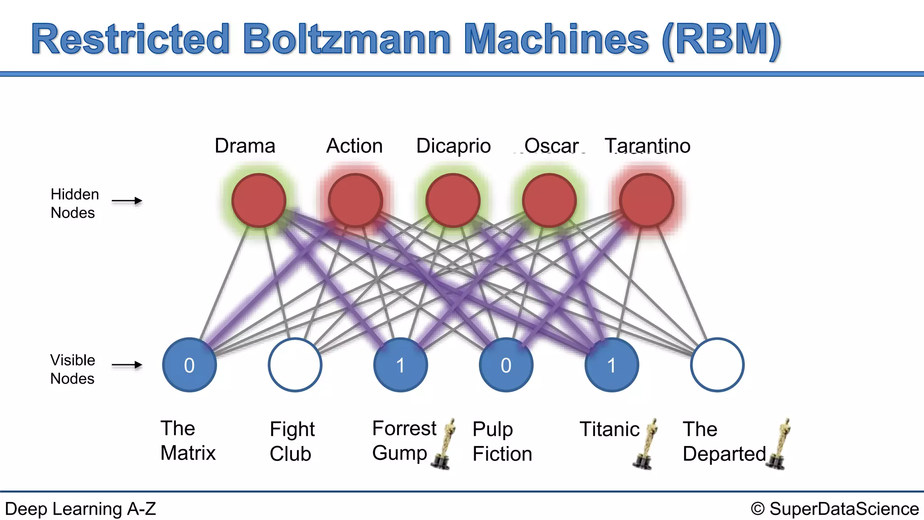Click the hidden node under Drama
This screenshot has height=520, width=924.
[259, 200]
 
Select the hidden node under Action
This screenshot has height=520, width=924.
[356, 200]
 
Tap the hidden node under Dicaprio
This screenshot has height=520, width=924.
[453, 200]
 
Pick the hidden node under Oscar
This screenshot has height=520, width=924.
[550, 200]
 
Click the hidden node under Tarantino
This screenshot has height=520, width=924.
[647, 200]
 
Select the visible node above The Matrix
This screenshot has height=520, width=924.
[189, 365]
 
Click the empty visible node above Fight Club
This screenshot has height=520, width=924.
[295, 365]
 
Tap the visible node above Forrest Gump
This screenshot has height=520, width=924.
[401, 365]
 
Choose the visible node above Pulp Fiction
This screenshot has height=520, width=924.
[506, 365]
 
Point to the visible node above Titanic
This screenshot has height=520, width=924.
[612, 365]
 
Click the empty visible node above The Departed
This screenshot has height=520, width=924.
[717, 365]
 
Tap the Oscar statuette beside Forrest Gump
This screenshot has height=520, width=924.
[444, 445]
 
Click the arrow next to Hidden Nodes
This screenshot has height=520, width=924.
[127, 201]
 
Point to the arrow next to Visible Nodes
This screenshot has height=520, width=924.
[127, 365]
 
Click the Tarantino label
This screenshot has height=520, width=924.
[647, 146]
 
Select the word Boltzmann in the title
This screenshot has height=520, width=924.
[346, 40]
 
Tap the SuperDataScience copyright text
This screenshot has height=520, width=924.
[835, 509]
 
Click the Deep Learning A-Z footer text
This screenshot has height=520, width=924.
[80, 509]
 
